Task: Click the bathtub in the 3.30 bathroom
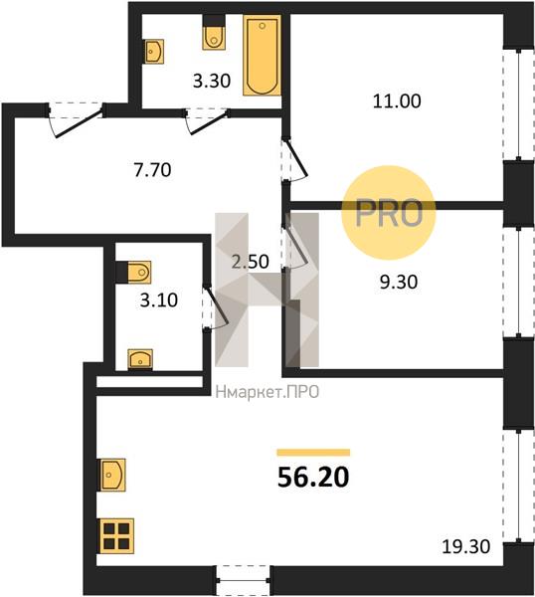coord(262,55)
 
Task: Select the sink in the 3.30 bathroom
coord(154,52)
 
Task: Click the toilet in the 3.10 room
coord(133,273)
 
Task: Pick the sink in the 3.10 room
coord(140,359)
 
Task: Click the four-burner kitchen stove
coord(116,535)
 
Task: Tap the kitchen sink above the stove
coord(112,475)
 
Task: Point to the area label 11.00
coord(397,101)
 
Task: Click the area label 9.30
coord(399,283)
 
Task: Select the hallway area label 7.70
coord(152,170)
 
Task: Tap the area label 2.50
coord(251,262)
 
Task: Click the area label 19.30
coord(466,546)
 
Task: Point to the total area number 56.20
coord(313,478)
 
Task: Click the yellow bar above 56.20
coord(313,453)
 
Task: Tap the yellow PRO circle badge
coord(389,213)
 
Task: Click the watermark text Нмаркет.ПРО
coord(267,392)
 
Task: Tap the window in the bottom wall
coord(244,580)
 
